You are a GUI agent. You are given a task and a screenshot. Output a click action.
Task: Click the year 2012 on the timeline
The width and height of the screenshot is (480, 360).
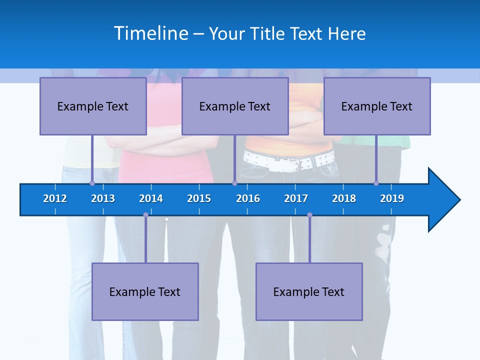point(55,198)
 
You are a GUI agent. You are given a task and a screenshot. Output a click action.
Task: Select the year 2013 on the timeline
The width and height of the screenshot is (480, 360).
point(103,198)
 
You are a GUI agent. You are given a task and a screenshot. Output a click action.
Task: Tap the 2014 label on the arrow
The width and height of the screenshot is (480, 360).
point(151,198)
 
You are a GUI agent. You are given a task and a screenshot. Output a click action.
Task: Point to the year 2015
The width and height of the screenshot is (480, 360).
point(199,198)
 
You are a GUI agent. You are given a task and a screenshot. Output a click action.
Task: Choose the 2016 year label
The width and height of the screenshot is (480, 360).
point(248,198)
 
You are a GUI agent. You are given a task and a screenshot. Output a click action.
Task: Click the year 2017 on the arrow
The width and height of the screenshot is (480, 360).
point(296,198)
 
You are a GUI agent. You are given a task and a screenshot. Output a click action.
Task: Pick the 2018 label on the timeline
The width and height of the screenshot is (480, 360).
point(344,198)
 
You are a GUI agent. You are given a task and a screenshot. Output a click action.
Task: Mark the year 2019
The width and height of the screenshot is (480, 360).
point(392,198)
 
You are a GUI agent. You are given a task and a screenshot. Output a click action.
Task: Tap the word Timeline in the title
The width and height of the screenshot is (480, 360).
point(151,33)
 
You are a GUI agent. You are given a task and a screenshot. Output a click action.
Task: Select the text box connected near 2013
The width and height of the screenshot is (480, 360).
point(93,106)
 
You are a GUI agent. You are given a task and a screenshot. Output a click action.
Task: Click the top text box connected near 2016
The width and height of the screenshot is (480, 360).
point(235,106)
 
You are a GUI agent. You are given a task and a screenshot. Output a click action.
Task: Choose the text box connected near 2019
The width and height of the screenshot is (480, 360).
point(377,106)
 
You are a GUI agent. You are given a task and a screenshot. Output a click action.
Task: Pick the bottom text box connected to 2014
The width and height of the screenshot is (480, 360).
point(145,291)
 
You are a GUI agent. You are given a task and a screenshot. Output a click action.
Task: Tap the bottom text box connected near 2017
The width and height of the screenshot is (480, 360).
point(309,291)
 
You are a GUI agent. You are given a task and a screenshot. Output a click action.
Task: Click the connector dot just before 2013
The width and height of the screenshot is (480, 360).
point(92,183)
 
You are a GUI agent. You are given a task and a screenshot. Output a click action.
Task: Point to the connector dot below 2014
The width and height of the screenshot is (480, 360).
point(145,215)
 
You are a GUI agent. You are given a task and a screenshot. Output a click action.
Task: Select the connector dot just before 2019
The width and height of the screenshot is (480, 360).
point(376,183)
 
